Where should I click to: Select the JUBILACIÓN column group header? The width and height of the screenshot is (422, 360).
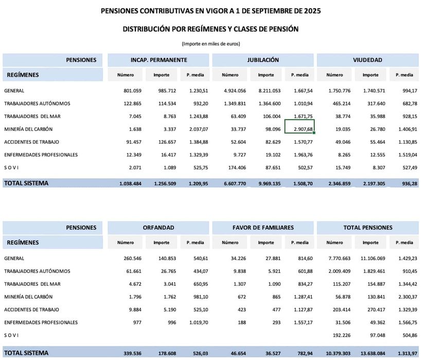click(262, 60)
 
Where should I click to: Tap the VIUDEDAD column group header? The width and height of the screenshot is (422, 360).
click(367, 60)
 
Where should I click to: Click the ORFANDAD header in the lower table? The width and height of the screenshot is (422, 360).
click(159, 227)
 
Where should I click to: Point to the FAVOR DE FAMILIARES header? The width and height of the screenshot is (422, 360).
click(262, 227)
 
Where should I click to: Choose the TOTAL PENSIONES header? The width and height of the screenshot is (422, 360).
click(367, 227)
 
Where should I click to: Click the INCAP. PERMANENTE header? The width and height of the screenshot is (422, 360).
click(159, 60)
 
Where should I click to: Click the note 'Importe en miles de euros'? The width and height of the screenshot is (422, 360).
click(210, 44)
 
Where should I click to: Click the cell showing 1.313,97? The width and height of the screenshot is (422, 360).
click(404, 353)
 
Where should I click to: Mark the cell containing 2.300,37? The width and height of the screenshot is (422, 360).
click(404, 297)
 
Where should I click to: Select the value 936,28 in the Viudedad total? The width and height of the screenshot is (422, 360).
click(406, 183)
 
